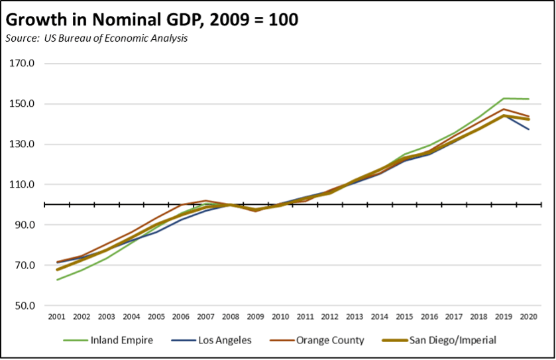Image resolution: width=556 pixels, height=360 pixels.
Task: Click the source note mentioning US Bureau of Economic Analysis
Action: (97, 38)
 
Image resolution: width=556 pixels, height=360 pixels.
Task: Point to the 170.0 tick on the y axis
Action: (22, 64)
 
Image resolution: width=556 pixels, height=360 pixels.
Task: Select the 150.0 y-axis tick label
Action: (22, 104)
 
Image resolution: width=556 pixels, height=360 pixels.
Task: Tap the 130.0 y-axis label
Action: (22, 145)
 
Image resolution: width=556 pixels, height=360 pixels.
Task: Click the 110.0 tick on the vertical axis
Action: (22, 185)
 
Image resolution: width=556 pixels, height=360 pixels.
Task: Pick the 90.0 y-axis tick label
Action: (24, 225)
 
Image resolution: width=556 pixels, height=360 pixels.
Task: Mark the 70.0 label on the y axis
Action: (24, 266)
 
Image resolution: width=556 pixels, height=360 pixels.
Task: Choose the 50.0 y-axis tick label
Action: (24, 306)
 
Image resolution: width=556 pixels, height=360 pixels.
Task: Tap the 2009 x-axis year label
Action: (256, 318)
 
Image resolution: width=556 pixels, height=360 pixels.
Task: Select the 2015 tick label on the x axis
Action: (404, 318)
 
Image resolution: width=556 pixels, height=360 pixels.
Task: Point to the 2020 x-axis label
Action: (528, 318)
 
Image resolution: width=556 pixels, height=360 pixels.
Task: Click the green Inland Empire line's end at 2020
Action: (528, 99)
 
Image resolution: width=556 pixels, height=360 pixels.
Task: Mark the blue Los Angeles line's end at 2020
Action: (528, 129)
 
